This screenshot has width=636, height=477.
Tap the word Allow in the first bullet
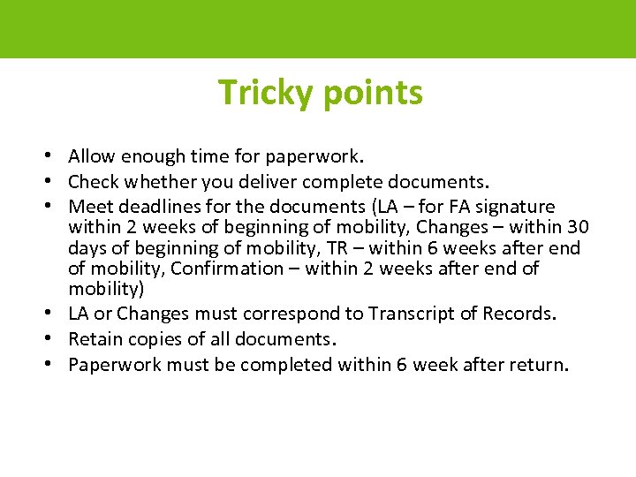[91, 156]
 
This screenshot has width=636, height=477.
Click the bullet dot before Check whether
[55, 182]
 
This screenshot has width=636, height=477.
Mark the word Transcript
[410, 314]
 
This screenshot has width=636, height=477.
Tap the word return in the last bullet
[535, 365]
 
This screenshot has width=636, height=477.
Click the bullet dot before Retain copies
[55, 339]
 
